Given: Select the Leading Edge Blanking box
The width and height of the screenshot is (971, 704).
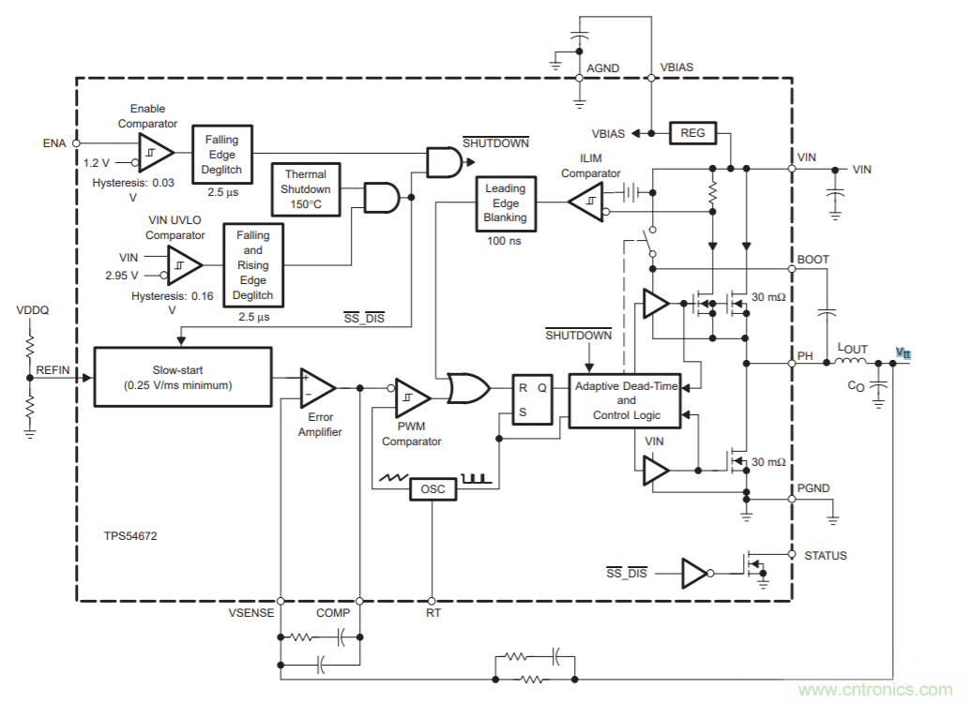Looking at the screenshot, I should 506,202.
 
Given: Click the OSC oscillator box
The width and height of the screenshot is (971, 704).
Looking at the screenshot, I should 432,489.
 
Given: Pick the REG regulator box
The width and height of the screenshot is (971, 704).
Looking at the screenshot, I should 692,133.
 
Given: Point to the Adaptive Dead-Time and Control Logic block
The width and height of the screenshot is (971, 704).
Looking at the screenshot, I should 631,400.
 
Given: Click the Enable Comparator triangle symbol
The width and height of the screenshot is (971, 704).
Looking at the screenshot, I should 154,152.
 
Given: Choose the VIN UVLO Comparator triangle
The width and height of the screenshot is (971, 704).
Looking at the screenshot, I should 184,265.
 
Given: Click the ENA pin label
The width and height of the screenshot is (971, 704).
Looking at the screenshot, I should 54,142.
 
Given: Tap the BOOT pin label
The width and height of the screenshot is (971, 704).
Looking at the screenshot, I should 812,260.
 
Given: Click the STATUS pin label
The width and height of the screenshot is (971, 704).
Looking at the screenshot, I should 825,555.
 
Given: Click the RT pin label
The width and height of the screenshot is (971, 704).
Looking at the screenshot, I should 432,613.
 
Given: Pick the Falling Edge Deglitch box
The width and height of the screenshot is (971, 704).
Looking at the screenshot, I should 222,155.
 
